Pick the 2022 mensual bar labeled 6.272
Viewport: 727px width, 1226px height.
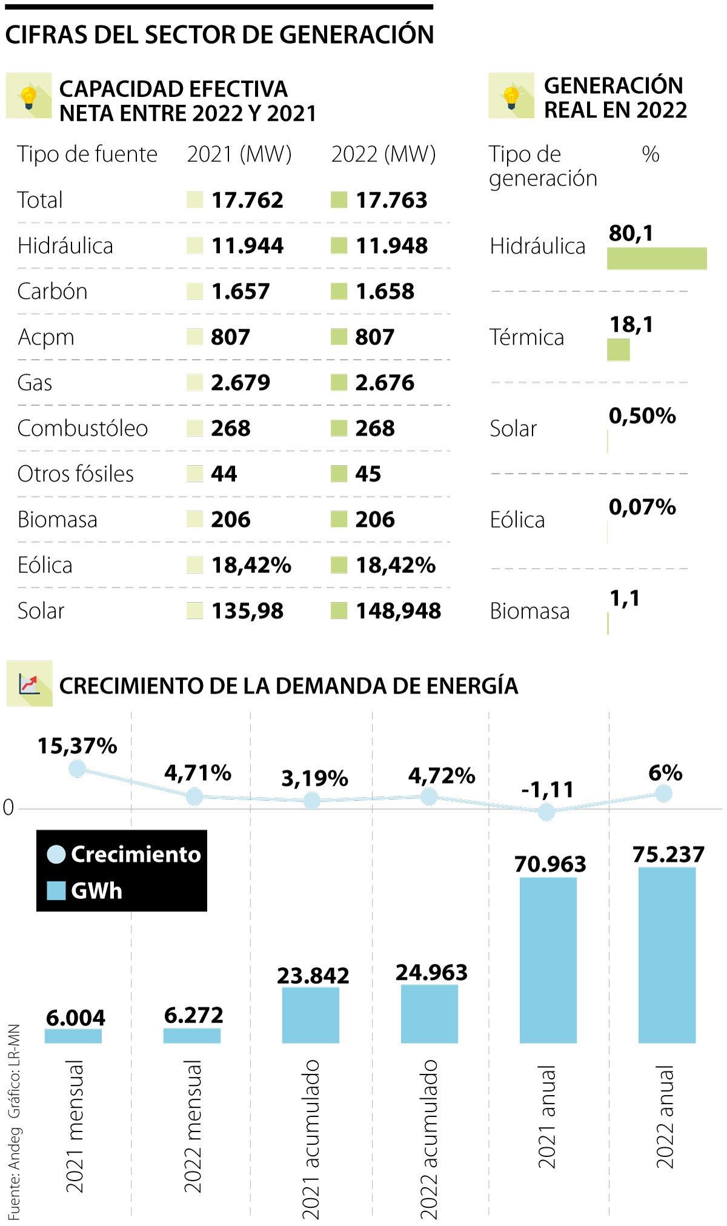click(192, 1035)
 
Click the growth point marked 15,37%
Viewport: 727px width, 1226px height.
click(77, 769)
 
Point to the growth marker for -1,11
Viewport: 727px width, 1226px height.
click(546, 812)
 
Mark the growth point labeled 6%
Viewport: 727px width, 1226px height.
click(664, 793)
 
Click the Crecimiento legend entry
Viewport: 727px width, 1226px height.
click(124, 854)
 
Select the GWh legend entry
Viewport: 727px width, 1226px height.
click(85, 890)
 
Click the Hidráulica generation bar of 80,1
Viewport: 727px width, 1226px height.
click(657, 258)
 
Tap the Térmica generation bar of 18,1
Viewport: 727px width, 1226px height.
click(619, 350)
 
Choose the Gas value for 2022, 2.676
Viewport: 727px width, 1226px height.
click(385, 383)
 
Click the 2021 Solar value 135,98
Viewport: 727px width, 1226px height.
click(247, 611)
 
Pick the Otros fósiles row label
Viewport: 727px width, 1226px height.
click(76, 474)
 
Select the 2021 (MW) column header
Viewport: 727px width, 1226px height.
click(239, 154)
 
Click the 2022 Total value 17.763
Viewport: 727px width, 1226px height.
click(391, 200)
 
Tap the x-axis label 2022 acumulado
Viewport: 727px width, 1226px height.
click(429, 1139)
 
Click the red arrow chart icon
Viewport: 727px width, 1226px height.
click(29, 683)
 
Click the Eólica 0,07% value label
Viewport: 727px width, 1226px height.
click(642, 507)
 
